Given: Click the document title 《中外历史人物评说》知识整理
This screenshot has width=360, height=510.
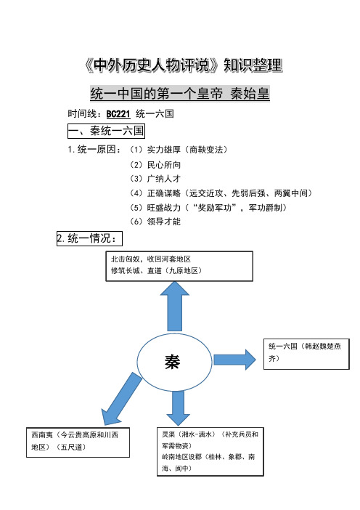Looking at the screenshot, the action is tap(183, 65).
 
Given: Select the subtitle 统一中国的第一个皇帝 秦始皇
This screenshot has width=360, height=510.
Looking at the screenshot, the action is tap(180, 94).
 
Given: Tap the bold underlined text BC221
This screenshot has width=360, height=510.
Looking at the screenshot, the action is tap(118, 114).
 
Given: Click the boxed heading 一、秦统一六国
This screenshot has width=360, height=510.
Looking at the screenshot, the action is tap(106, 131).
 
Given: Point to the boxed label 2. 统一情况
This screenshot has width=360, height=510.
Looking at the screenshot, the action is tap(89, 238).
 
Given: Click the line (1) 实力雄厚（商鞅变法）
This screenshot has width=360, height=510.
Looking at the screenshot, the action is tap(178, 150).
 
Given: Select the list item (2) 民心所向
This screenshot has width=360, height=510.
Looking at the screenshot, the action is tap(155, 165).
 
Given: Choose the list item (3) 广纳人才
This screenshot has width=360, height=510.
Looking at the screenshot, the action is tap(155, 179).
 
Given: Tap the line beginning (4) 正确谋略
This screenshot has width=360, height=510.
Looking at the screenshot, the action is tap(221, 193).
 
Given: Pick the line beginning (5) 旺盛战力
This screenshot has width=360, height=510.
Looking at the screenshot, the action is tap(208, 208).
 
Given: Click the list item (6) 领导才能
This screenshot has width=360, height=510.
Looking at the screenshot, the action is tap(155, 222).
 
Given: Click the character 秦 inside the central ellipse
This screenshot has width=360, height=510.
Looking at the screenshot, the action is tap(173, 362).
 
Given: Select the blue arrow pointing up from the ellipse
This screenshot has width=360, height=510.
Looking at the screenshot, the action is tap(175, 307).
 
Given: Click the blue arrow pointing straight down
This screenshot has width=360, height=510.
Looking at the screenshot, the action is tap(178, 408).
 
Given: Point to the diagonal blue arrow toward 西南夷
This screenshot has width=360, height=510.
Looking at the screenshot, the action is tap(121, 399).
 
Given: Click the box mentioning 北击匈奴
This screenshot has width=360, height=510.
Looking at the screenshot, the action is tap(179, 266).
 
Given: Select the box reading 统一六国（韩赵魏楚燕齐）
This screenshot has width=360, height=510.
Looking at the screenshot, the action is tap(306, 354).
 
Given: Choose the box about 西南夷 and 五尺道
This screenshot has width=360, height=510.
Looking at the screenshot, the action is tap(78, 442).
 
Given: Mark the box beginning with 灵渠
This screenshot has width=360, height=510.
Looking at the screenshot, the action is tap(210, 452).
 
